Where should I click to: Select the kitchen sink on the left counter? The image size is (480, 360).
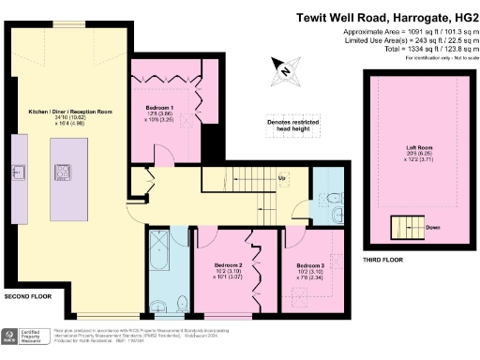click(x=18, y=171)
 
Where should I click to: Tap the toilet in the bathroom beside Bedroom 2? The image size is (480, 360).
click(x=179, y=303)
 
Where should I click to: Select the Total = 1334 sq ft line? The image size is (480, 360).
click(x=412, y=49)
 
